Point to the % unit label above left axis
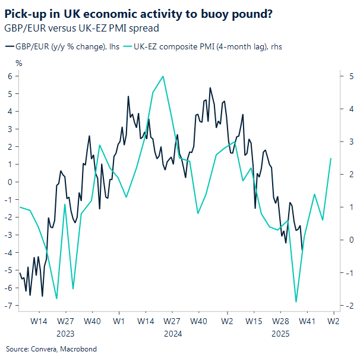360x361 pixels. click(18, 62)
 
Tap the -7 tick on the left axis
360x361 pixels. click(8, 306)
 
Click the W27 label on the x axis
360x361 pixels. click(65, 321)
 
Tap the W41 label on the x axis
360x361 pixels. click(307, 321)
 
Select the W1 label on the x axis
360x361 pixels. click(118, 321)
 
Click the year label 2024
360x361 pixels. click(172, 334)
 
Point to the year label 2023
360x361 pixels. click(65, 334)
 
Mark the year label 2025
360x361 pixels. click(280, 334)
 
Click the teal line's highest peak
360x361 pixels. click(163, 76)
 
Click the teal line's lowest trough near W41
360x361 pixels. click(296, 302)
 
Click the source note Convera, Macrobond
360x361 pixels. click(51, 349)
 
